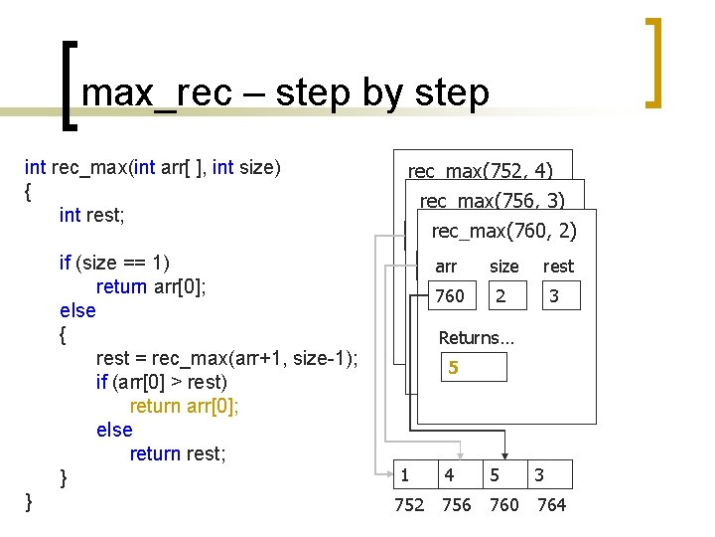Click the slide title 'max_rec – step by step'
click(285, 92)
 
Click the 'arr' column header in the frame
click(446, 267)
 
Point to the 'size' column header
click(503, 267)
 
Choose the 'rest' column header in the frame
click(557, 267)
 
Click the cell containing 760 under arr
click(450, 296)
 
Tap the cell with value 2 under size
click(500, 296)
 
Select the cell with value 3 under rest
click(554, 296)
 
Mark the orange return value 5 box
click(475, 367)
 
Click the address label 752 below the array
click(409, 505)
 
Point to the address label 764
click(551, 505)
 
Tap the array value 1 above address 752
click(403, 475)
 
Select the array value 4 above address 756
click(450, 475)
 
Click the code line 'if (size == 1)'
click(114, 263)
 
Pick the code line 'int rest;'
click(97, 215)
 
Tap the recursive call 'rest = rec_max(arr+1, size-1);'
click(227, 358)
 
